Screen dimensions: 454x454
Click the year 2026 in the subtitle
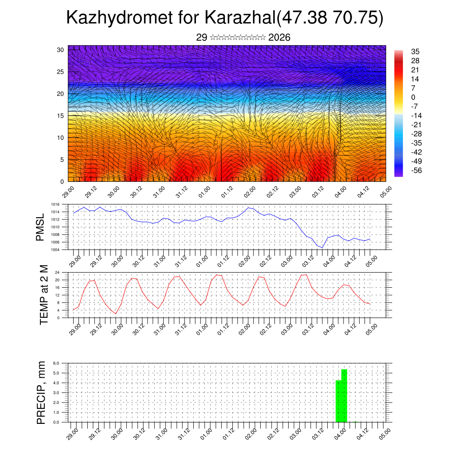click(279, 38)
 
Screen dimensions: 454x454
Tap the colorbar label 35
click(415, 51)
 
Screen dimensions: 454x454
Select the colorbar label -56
click(417, 170)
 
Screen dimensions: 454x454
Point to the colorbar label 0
click(413, 97)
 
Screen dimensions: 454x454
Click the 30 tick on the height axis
click(61, 50)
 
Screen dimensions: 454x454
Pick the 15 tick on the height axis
click(61, 116)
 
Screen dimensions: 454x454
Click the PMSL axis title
click(41, 227)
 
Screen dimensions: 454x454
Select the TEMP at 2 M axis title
click(44, 295)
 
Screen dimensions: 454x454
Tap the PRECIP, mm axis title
click(41, 392)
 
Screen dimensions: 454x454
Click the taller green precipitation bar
click(344, 395)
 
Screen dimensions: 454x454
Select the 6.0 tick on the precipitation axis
click(56, 363)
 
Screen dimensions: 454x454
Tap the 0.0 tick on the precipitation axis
click(56, 422)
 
